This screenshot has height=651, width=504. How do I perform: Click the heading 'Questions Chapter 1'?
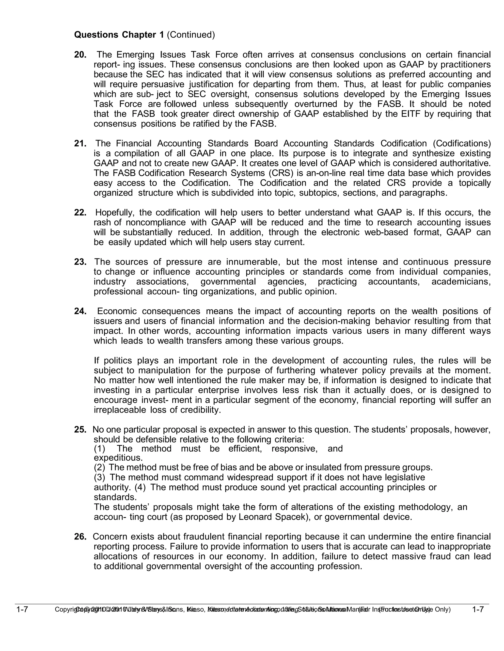[119, 35]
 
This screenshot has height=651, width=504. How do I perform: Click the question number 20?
[80, 55]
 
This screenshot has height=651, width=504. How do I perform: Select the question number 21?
[80, 143]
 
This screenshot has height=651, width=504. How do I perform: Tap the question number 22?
[80, 212]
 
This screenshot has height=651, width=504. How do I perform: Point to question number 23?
[80, 262]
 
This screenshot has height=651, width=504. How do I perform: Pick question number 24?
[80, 311]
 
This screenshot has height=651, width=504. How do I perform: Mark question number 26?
[80, 537]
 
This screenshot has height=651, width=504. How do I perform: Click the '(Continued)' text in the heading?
[191, 35]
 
